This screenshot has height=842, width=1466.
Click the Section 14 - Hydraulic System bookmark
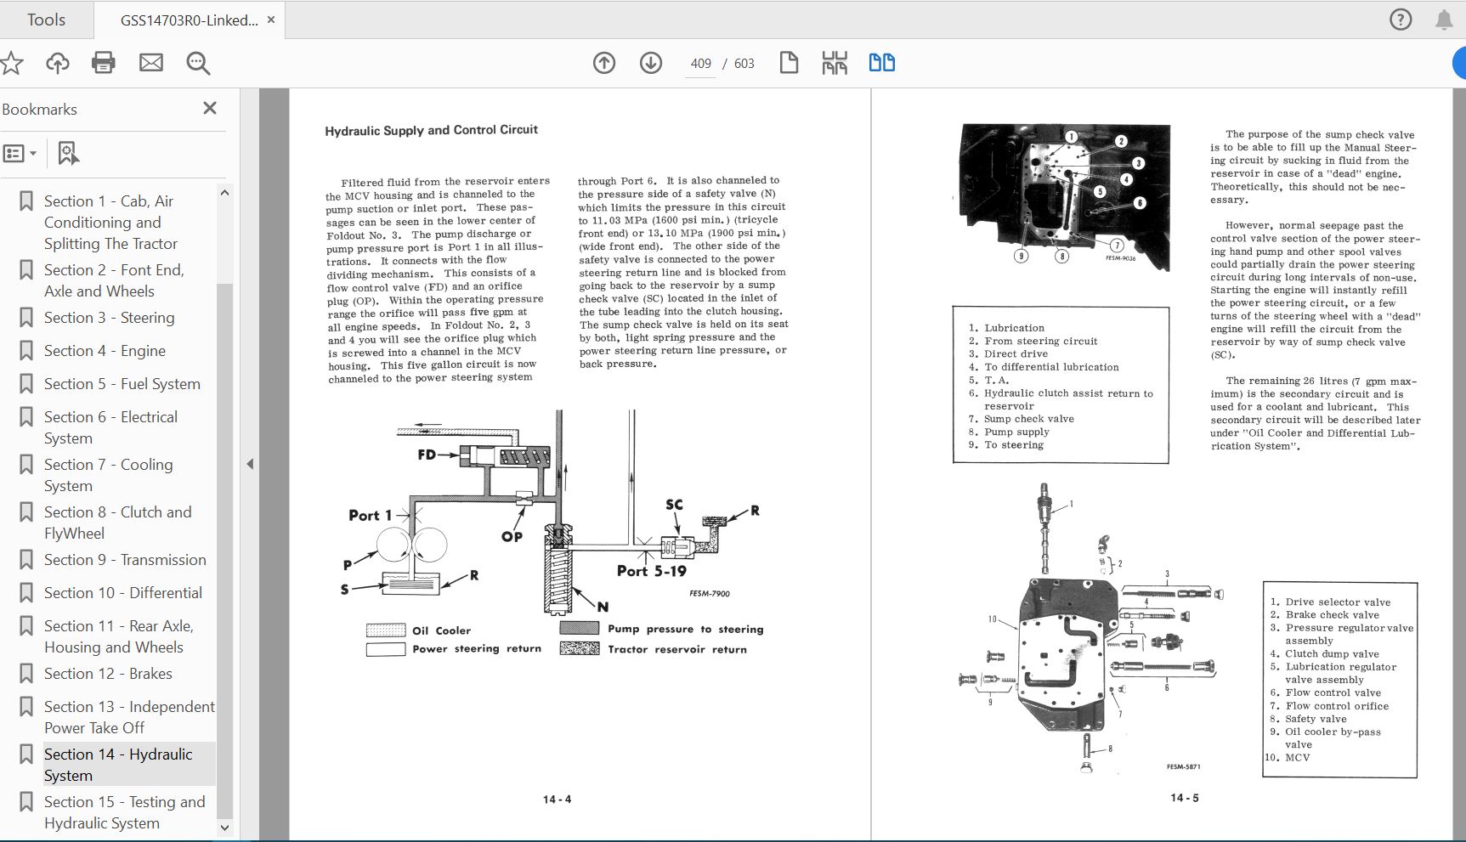118,765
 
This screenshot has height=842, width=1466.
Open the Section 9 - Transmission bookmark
125,560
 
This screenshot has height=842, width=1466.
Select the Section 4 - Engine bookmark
105,351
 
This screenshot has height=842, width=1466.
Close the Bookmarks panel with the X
210,108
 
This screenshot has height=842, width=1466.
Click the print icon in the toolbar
104,63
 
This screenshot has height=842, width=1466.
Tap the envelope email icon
151,63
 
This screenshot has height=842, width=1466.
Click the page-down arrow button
651,63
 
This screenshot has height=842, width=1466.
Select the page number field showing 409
700,64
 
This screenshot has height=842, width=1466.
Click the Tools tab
46,20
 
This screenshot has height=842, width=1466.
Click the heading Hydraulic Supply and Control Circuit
431,130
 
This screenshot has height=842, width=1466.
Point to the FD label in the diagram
427,455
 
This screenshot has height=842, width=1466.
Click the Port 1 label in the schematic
370,515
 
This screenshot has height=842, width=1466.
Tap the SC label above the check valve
674,505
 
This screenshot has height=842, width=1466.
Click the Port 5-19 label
651,571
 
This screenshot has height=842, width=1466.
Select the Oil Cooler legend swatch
386,630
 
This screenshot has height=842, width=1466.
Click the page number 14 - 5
1184,798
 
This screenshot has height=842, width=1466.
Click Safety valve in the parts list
1316,719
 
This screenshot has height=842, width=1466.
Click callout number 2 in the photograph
1122,141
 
